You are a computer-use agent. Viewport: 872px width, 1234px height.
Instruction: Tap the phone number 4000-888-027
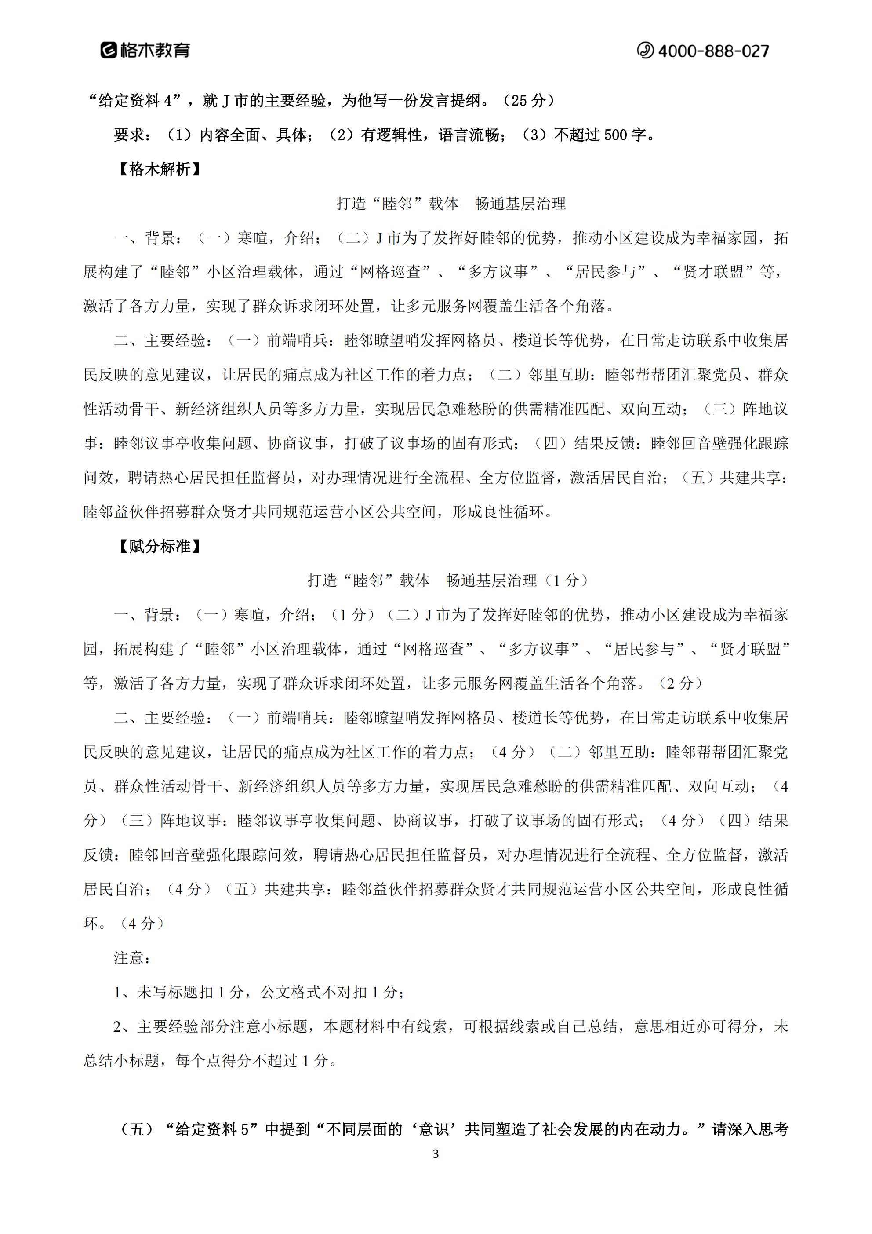pyautogui.click(x=713, y=51)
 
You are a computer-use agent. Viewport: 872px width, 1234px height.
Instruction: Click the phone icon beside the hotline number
pyautogui.click(x=645, y=51)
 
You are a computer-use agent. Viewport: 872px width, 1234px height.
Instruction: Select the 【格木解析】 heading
pyautogui.click(x=160, y=169)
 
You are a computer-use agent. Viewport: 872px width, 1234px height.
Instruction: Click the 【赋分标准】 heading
pyautogui.click(x=160, y=547)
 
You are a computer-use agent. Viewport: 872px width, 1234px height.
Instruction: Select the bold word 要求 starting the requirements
pyautogui.click(x=129, y=135)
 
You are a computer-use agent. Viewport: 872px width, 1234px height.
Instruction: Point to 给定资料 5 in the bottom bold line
pyautogui.click(x=212, y=1129)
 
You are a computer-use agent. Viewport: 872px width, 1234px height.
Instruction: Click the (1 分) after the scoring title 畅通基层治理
pyautogui.click(x=566, y=580)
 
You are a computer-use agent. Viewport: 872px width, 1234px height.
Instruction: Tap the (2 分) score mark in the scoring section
pyautogui.click(x=679, y=684)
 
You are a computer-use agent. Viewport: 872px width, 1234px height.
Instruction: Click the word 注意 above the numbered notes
pyautogui.click(x=129, y=958)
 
